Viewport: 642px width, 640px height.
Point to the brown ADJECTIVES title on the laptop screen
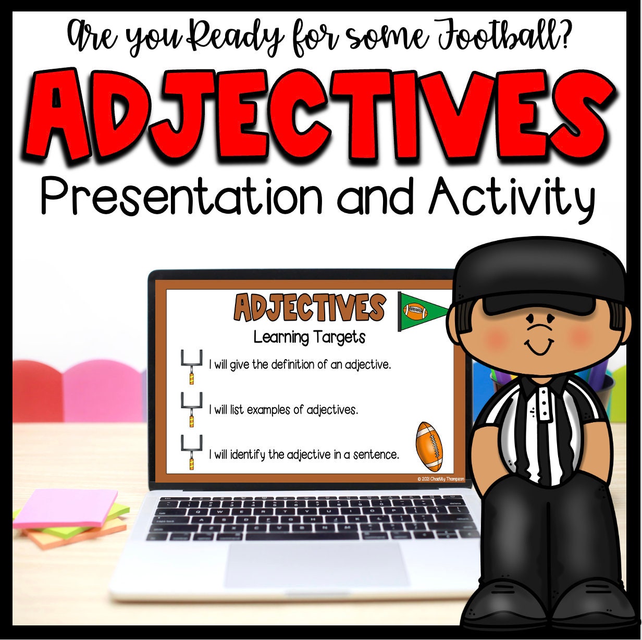click(310, 308)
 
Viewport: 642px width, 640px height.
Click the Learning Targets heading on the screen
click(310, 337)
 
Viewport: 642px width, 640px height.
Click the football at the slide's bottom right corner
click(429, 447)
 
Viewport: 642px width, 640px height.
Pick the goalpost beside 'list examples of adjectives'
click(191, 410)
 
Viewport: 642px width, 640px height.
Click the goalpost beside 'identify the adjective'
click(191, 452)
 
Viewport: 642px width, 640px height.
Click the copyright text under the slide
click(440, 479)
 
